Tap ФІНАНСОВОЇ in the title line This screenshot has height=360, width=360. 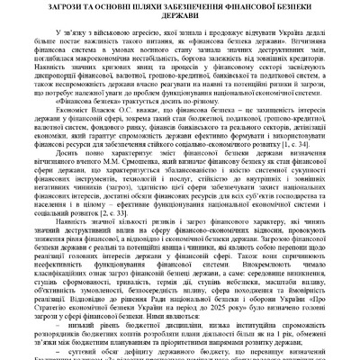click(251, 9)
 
